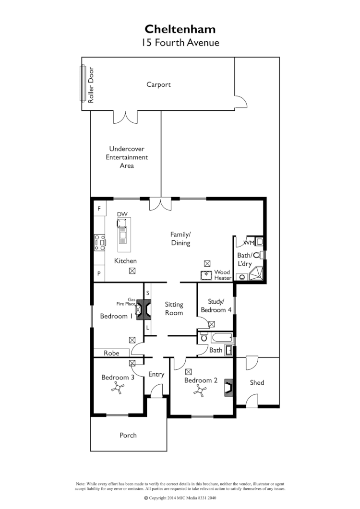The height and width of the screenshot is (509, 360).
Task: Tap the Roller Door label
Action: click(91, 85)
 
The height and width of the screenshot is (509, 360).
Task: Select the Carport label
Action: click(158, 84)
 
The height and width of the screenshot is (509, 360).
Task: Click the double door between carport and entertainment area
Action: click(125, 117)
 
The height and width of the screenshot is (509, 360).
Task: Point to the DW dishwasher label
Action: click(121, 214)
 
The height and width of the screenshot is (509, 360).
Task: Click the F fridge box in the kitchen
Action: click(99, 209)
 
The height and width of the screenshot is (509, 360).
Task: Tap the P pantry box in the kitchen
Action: click(99, 273)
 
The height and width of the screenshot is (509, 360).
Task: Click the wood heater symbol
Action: click(207, 275)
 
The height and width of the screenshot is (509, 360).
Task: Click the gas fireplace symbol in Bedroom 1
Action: click(139, 309)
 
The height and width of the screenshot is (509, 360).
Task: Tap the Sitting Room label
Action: click(174, 308)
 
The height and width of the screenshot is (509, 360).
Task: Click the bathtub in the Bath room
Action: click(221, 337)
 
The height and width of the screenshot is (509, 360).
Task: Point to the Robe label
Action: click(111, 353)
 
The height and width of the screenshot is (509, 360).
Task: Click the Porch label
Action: click(128, 435)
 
